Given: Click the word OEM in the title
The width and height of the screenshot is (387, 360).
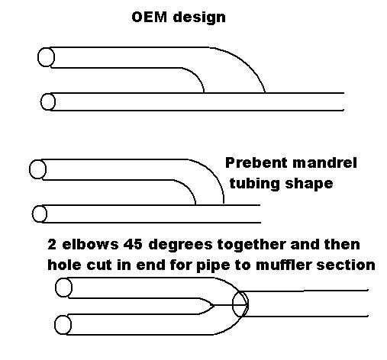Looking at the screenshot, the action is [150, 18].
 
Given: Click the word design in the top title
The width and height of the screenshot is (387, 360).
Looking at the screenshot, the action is [199, 18].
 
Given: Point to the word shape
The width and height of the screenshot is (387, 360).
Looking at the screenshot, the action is [309, 184].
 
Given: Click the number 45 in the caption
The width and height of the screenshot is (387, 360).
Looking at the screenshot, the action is [133, 245].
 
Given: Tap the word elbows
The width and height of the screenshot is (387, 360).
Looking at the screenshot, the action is [90, 244].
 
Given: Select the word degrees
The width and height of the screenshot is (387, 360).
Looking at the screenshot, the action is [180, 245].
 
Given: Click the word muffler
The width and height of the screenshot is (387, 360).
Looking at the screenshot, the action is [283, 265].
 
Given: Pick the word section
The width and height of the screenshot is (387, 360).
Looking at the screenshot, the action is [346, 265].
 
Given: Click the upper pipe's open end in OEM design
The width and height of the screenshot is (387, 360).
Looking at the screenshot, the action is [46, 57].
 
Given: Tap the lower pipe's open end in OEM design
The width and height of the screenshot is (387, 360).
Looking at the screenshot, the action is [48, 102].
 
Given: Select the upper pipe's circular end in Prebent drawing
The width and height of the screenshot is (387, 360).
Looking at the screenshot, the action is [37, 169].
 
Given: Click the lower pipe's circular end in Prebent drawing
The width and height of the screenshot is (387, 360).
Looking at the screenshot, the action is [40, 214].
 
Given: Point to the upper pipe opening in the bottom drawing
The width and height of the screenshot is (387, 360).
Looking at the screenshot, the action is [63, 288].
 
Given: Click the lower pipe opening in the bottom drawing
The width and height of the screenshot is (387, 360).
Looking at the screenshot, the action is [63, 325].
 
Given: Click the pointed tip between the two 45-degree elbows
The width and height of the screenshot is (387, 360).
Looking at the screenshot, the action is [214, 305].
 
